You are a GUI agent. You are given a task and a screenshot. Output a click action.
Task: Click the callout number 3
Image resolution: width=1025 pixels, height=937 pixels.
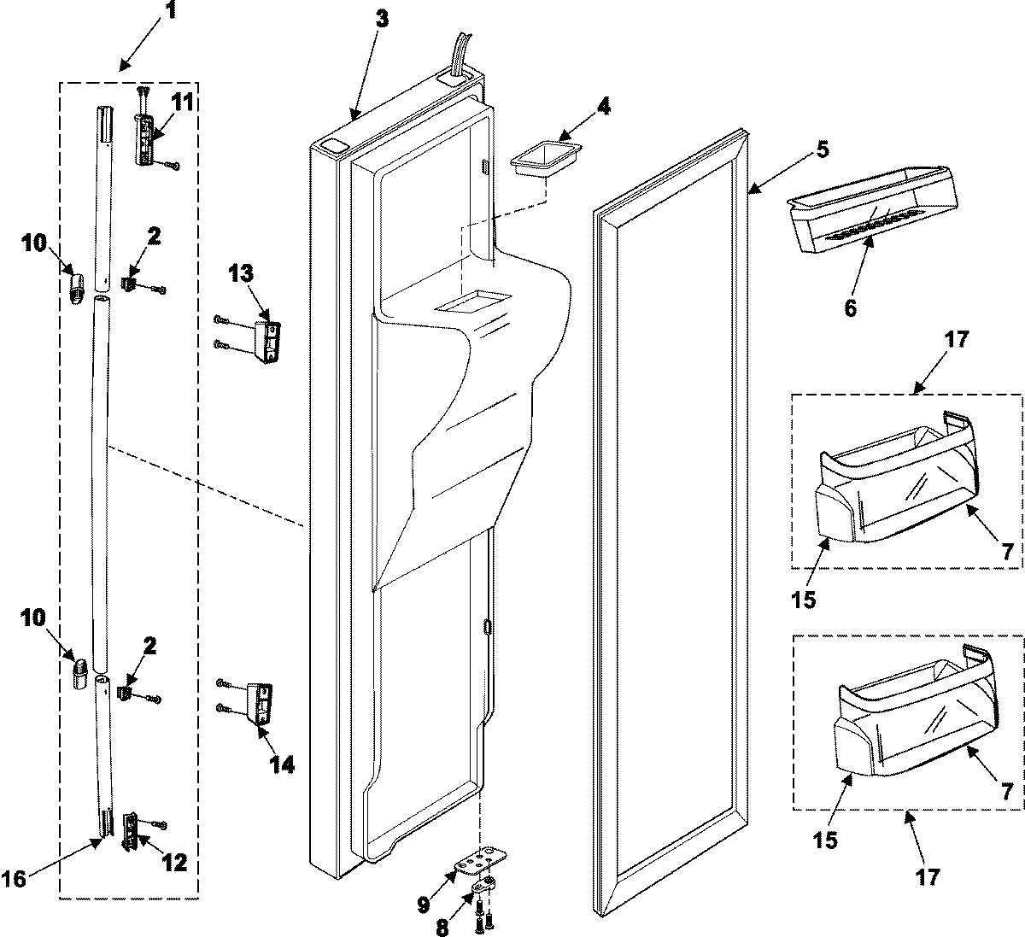click(381, 20)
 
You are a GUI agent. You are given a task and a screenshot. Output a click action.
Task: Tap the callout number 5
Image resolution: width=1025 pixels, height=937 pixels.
click(821, 149)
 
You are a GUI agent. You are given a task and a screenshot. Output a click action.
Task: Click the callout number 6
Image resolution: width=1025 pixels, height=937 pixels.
click(850, 307)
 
